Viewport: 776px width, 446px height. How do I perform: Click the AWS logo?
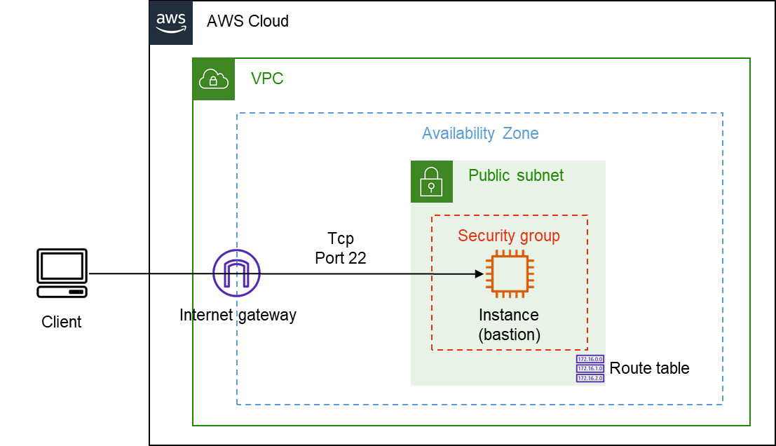(x=170, y=22)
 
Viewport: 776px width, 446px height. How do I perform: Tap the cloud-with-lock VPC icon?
(x=214, y=79)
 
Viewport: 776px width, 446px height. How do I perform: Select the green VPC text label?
(x=267, y=79)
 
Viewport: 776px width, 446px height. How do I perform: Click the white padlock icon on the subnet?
(x=431, y=182)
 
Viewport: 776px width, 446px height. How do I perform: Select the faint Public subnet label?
(x=515, y=175)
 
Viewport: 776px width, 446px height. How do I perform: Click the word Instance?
(x=509, y=315)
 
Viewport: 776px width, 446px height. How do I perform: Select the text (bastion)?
(x=510, y=334)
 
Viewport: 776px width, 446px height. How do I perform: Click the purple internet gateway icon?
(x=237, y=273)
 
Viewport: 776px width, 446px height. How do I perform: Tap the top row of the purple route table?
(x=590, y=359)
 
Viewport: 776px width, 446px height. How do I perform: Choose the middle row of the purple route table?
(x=590, y=368)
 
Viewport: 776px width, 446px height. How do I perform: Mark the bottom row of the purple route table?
(x=590, y=378)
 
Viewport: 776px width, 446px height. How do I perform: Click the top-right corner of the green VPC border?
(x=749, y=59)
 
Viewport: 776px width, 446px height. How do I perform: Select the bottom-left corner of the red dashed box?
(x=432, y=349)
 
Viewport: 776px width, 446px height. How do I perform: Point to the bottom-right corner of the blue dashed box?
(x=722, y=404)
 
